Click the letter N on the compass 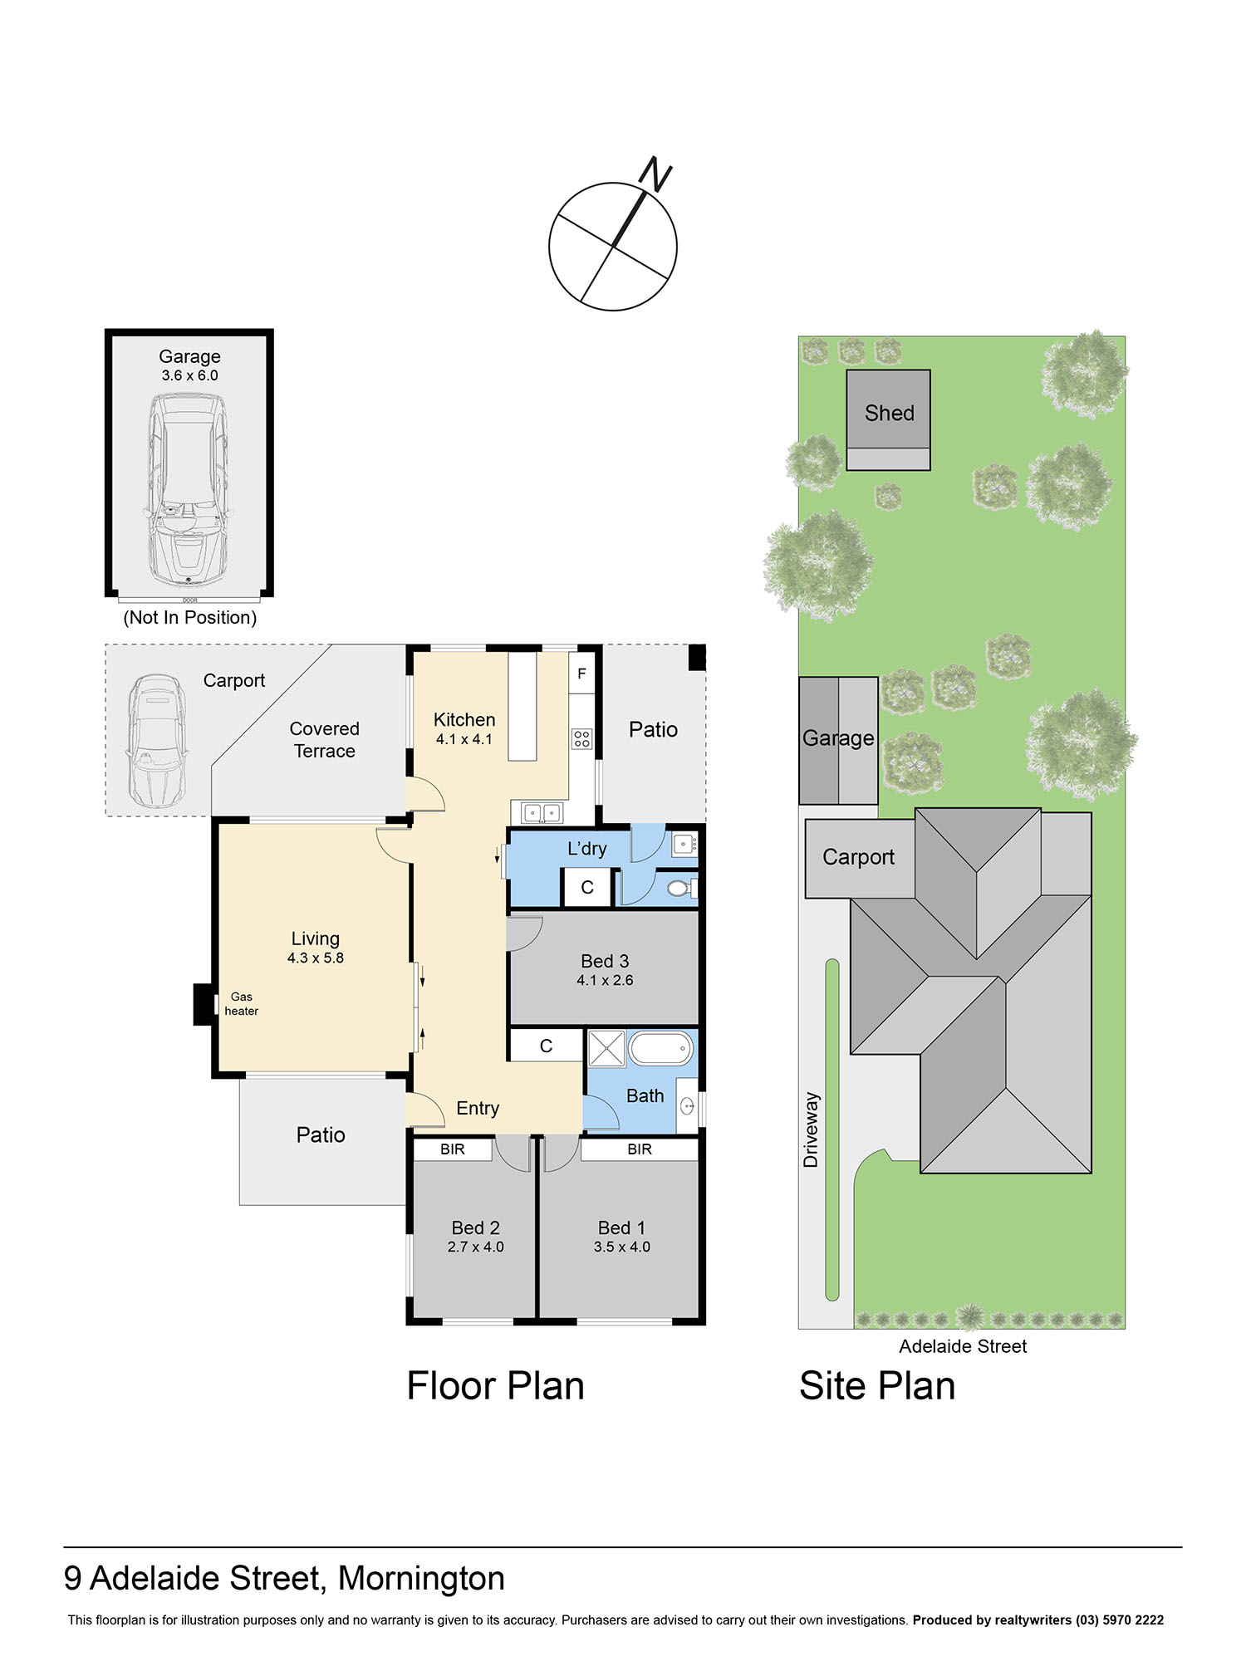[655, 174]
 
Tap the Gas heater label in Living [241, 1003]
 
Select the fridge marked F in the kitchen [581, 674]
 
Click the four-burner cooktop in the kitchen [581, 738]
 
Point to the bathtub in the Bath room [661, 1049]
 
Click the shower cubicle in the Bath [606, 1049]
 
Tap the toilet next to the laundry [680, 889]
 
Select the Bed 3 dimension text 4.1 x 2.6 [605, 980]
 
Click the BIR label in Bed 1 [639, 1149]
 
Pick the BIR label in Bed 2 [453, 1149]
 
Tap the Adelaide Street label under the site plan [963, 1346]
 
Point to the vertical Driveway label [811, 1129]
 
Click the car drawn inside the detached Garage [187, 490]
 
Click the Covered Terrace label [324, 739]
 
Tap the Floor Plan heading [495, 1386]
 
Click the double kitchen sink [542, 813]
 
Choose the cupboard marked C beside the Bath [546, 1046]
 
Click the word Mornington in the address [421, 1578]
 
